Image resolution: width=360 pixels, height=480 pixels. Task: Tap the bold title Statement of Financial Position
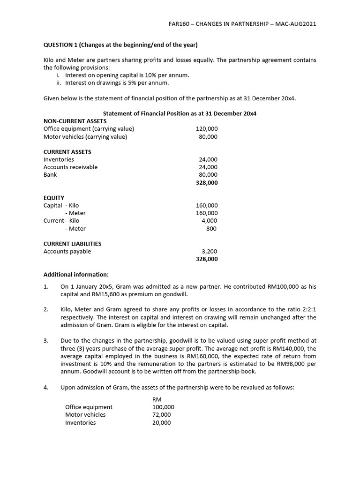(180, 113)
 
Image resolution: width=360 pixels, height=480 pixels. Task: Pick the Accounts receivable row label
(70, 167)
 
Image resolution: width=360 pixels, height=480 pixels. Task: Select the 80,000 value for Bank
(208, 175)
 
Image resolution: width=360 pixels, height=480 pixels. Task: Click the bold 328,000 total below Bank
(207, 183)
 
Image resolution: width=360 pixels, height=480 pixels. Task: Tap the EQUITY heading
(54, 198)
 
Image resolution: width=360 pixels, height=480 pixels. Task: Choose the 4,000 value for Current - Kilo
(210, 221)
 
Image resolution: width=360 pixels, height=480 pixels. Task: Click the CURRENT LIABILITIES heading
(72, 244)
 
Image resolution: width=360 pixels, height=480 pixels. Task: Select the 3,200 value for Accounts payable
(210, 251)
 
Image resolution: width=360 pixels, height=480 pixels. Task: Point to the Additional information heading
(76, 274)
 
